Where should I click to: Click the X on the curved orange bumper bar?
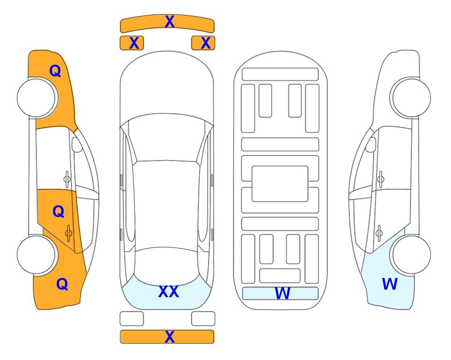point(170,22)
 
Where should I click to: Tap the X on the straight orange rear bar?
point(170,337)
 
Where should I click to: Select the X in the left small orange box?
point(134,43)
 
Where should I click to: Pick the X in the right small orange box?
point(206,43)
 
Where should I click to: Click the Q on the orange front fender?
point(55,71)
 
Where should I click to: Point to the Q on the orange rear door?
point(59,212)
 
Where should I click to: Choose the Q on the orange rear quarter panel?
point(62,284)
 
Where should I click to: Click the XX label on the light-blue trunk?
point(169,292)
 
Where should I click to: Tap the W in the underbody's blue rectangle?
point(282,293)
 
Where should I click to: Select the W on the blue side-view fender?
point(390,284)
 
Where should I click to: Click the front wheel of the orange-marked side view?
point(37,98)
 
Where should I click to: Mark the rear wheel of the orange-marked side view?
point(37,255)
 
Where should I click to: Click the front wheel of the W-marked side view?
point(411,97)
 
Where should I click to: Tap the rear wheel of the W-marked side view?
point(411,255)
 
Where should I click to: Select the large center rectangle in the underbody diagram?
point(280,184)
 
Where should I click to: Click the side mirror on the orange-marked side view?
point(76,144)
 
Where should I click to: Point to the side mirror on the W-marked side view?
point(371,144)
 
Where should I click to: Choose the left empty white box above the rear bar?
point(132,319)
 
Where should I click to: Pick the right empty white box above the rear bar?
point(203,319)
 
